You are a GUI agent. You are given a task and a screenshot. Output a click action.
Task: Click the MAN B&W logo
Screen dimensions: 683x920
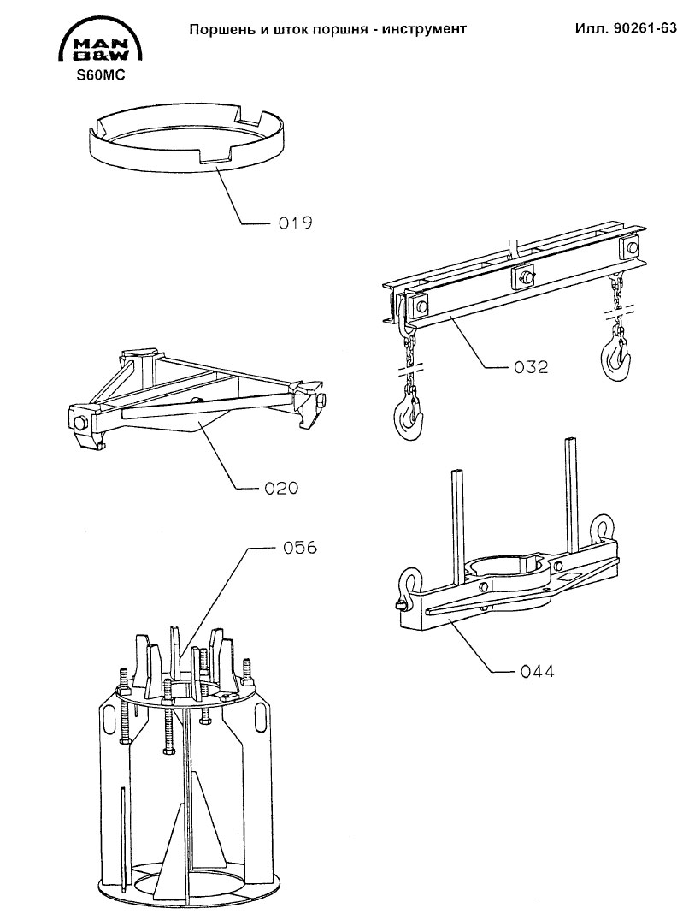101,39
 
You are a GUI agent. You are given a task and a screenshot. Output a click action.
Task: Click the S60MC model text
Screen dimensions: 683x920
101,75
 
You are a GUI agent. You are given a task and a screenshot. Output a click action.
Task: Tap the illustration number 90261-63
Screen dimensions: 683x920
645,29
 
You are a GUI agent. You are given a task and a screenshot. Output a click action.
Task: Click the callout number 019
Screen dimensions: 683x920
295,223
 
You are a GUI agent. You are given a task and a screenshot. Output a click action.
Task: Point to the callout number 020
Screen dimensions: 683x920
281,488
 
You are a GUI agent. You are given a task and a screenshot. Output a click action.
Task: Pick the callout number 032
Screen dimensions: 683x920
531,367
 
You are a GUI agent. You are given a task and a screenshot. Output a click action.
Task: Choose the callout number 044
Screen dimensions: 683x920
537,671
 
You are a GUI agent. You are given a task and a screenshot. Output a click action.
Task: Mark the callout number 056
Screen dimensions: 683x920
299,548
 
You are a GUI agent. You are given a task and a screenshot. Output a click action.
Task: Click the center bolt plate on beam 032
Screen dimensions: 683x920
523,276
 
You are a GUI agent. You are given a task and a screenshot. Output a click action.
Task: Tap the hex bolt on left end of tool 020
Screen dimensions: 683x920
81,423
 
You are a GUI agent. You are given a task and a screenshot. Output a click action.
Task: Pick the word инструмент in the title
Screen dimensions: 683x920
424,29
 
